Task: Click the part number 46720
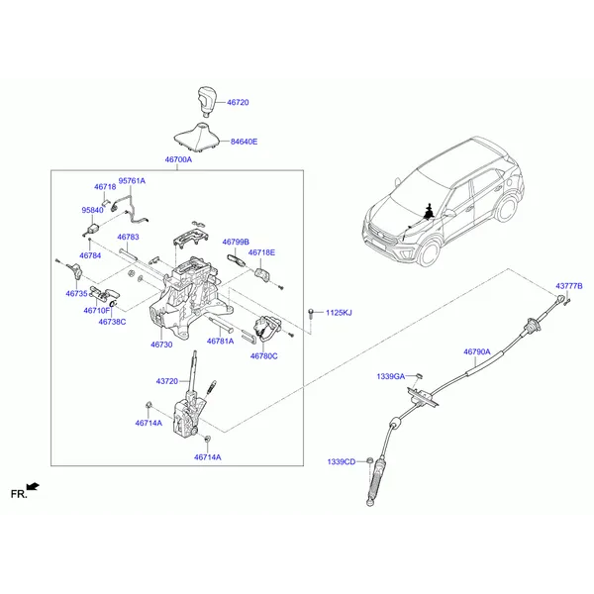[x=238, y=102]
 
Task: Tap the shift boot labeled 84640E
[x=197, y=137]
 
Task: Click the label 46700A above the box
[x=178, y=159]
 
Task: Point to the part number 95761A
[x=132, y=181]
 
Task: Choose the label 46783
[x=128, y=237]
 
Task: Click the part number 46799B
[x=236, y=242]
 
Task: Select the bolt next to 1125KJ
[x=311, y=314]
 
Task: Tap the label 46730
[x=161, y=345]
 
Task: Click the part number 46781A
[x=220, y=341]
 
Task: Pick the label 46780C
[x=263, y=356]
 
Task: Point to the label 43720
[x=167, y=381]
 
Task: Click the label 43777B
[x=569, y=286]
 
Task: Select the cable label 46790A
[x=477, y=351]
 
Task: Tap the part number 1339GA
[x=391, y=376]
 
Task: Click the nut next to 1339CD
[x=368, y=461]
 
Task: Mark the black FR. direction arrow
[x=33, y=486]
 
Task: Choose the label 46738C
[x=112, y=322]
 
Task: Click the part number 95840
[x=92, y=210]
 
